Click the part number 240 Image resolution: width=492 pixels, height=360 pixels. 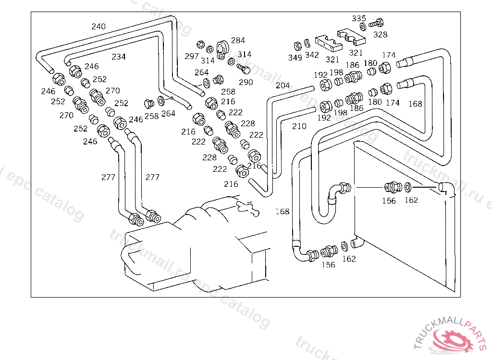(98, 26)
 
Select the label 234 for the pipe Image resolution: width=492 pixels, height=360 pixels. (119, 57)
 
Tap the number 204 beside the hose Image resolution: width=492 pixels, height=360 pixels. (283, 85)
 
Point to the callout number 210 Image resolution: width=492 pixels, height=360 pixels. (299, 127)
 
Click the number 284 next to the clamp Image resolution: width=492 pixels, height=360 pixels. (238, 40)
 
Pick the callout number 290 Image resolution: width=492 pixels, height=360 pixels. (246, 82)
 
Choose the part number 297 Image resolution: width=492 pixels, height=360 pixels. (192, 56)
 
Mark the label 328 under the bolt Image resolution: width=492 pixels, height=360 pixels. (380, 35)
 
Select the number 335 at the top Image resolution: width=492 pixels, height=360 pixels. (359, 18)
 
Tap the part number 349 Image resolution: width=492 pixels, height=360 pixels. (295, 58)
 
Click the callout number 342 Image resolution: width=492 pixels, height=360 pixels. (312, 55)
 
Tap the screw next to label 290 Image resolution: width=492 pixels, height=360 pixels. (244, 69)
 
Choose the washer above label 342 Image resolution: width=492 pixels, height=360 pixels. (307, 45)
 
